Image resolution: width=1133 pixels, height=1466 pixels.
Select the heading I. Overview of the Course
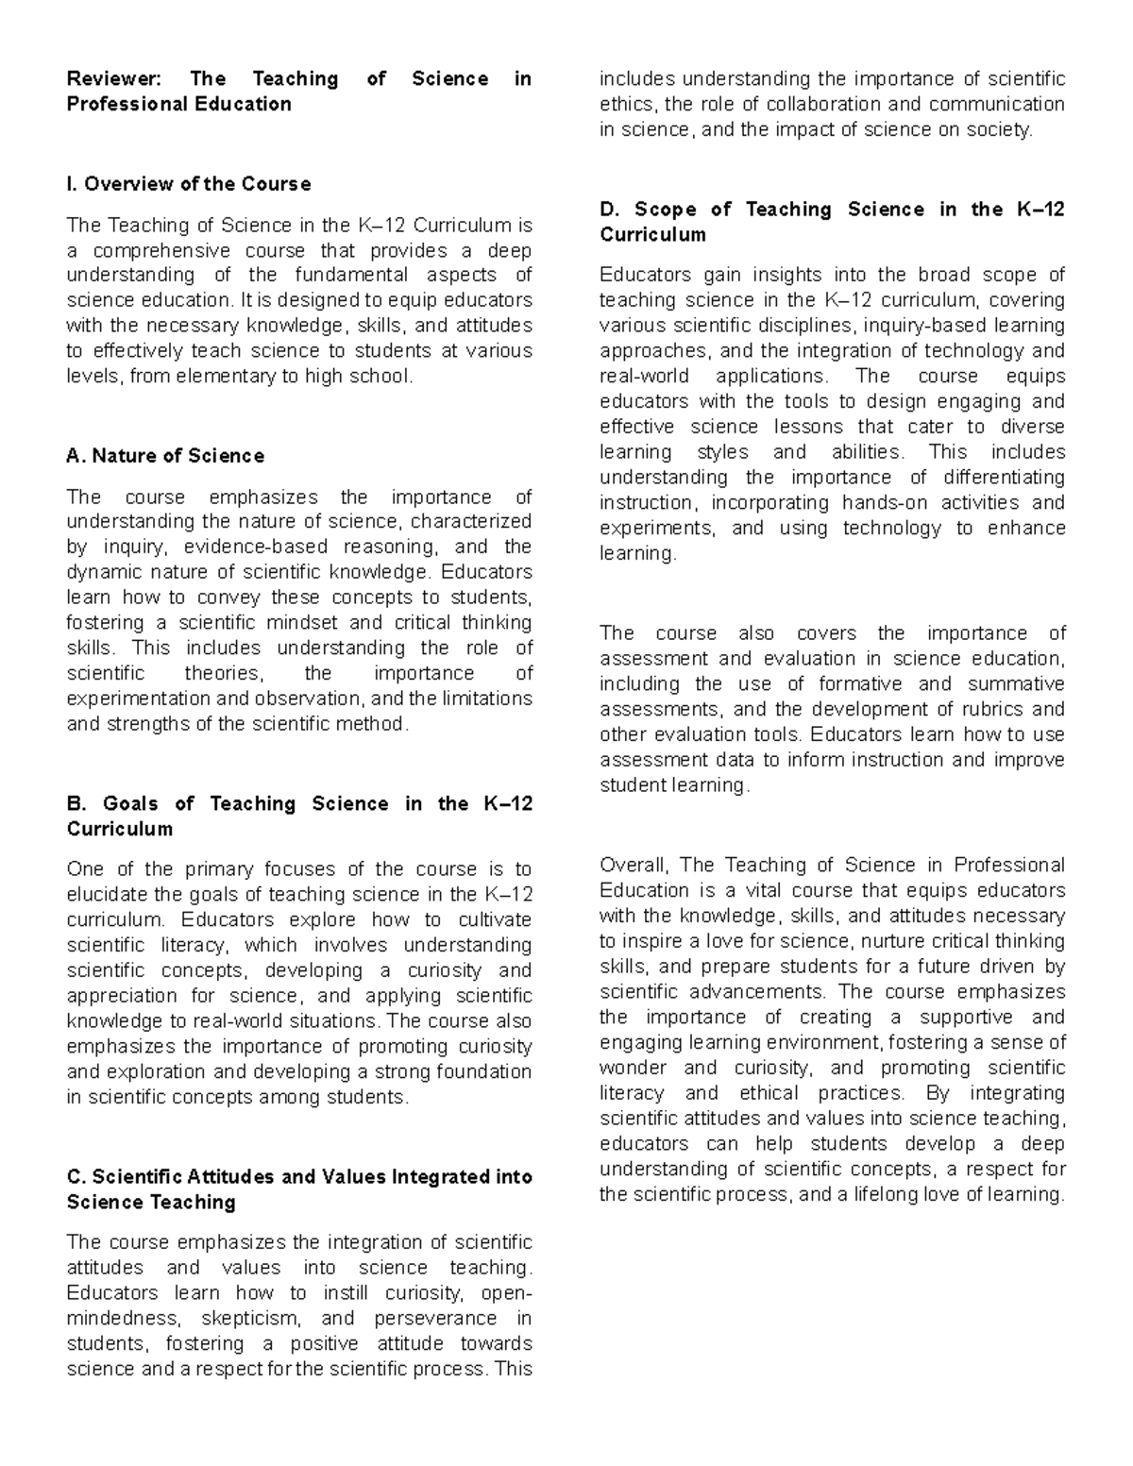click(x=189, y=184)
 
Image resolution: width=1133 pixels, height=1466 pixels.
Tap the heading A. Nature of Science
click(x=165, y=456)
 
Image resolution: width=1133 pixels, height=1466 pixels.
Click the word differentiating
click(x=1003, y=478)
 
